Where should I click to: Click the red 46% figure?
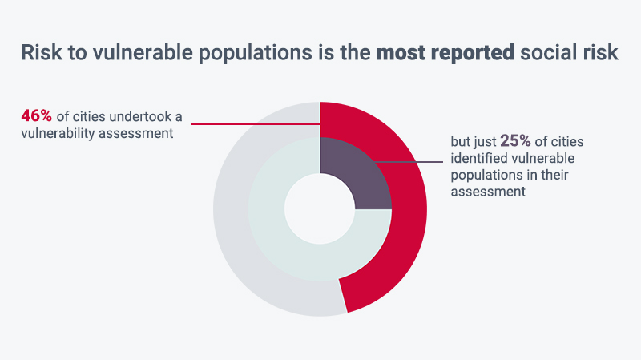(36, 116)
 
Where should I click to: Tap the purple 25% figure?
(515, 141)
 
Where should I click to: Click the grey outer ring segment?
(233, 229)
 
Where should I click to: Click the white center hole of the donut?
(320, 209)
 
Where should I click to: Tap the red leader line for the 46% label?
(256, 124)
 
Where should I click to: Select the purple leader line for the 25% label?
(409, 162)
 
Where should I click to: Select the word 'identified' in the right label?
(477, 158)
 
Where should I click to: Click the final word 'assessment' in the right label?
(488, 192)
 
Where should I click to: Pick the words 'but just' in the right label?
(474, 142)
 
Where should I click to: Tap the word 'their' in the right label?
(554, 175)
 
